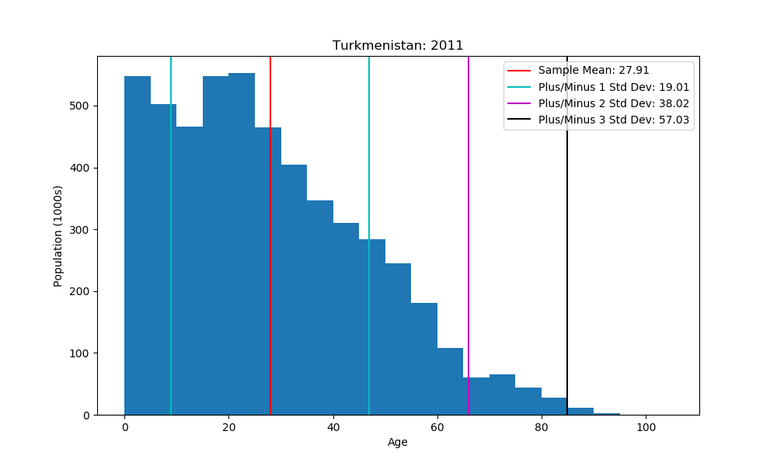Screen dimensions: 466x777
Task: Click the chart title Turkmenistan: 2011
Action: (x=398, y=46)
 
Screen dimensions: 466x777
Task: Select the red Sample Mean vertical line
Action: (x=270, y=233)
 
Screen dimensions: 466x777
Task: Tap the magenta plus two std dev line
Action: (x=469, y=233)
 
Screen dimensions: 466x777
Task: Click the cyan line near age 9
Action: (x=171, y=233)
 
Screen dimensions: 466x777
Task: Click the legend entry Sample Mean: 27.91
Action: (x=594, y=71)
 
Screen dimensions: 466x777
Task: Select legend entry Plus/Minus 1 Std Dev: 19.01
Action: (x=614, y=87)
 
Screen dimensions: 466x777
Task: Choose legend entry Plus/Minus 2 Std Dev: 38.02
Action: (x=614, y=103)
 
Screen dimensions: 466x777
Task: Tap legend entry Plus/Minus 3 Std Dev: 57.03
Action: (x=614, y=120)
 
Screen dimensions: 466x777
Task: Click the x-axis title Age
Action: (x=398, y=443)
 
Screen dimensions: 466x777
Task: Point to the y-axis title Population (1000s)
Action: (x=58, y=236)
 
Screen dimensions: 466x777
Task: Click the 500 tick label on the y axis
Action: (x=81, y=106)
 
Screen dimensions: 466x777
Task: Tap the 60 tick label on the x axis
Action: (x=437, y=427)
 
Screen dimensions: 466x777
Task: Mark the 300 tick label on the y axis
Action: (x=81, y=230)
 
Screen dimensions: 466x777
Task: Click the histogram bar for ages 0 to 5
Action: (x=138, y=249)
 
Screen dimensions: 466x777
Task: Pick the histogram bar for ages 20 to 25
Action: (x=242, y=249)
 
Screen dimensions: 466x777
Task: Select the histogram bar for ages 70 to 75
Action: (x=502, y=395)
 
